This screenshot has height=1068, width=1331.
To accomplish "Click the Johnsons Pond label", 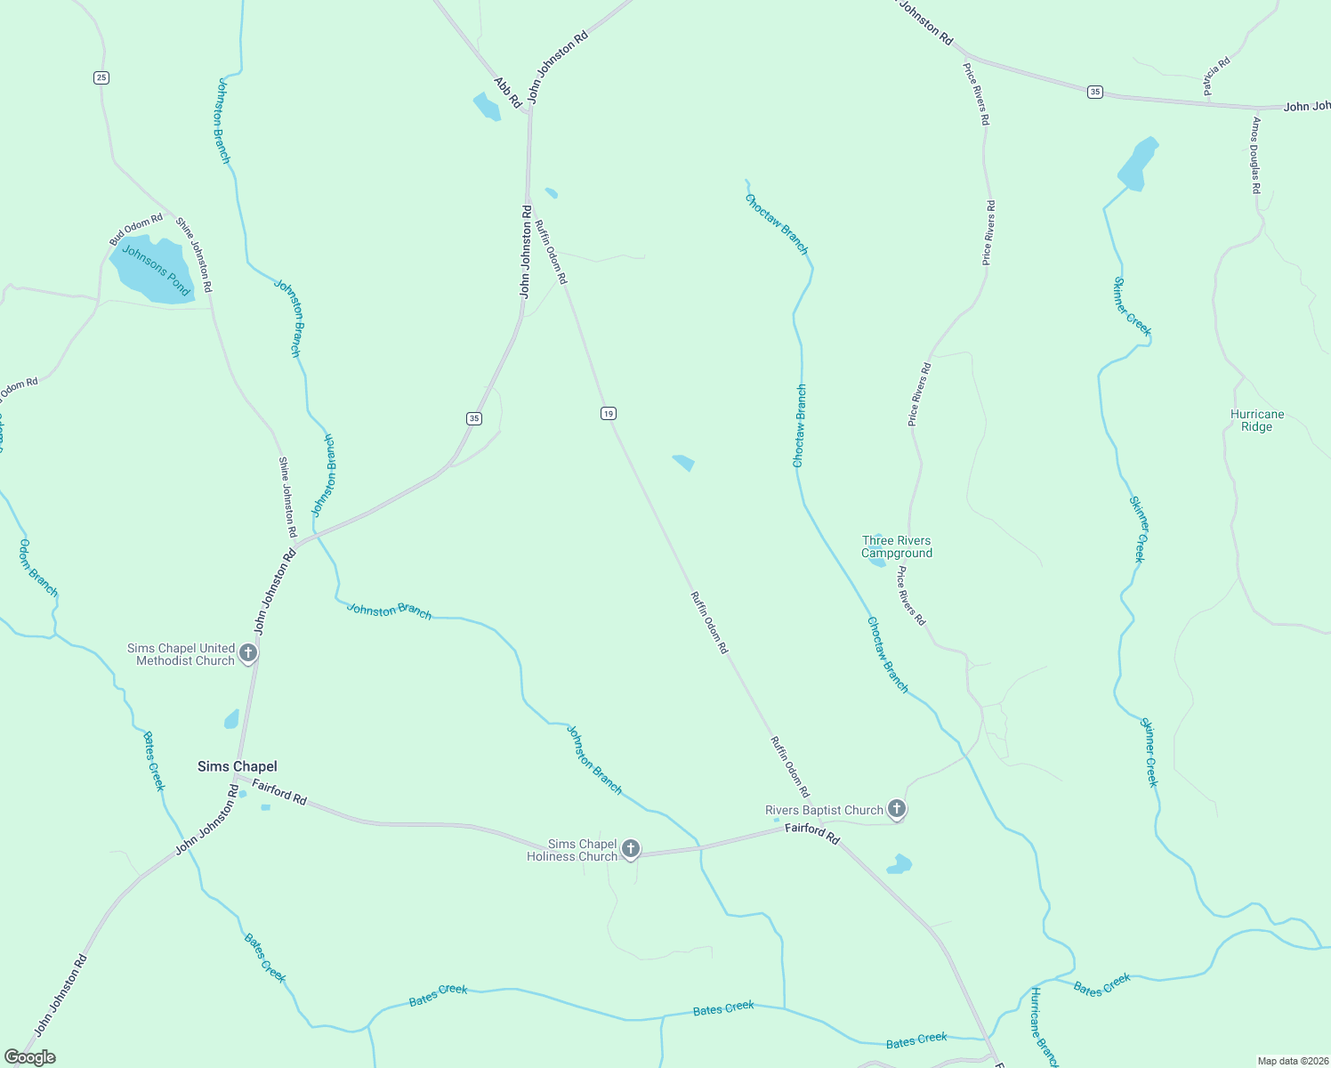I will (156, 271).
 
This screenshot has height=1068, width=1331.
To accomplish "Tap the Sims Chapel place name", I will (237, 766).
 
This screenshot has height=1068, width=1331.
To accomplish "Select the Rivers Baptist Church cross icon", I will (897, 809).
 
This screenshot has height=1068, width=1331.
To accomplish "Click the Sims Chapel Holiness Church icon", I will (630, 849).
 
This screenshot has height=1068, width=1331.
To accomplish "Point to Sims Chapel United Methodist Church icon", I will (248, 654).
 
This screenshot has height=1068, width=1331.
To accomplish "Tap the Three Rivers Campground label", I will (897, 546).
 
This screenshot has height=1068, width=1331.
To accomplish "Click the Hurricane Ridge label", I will (1256, 420).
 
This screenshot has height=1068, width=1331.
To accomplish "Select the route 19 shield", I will (608, 413).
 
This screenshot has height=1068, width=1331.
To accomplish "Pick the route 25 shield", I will (101, 77).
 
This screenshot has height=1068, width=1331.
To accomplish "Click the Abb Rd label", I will (508, 93).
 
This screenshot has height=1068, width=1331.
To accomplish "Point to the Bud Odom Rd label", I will (136, 229).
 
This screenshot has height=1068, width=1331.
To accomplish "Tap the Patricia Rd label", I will (1216, 76).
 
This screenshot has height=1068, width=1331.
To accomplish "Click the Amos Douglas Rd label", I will (1256, 155).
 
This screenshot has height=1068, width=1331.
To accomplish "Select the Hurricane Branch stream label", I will (1045, 1027).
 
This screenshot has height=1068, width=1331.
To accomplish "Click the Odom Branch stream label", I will (38, 568).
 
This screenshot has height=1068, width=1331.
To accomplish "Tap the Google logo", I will (29, 1057).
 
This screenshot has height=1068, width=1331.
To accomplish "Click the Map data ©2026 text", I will (1292, 1061).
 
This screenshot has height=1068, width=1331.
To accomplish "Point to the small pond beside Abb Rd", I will (487, 107).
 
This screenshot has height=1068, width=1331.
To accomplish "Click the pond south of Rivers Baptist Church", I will (899, 864).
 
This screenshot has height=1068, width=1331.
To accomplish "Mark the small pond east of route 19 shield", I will (683, 462).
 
